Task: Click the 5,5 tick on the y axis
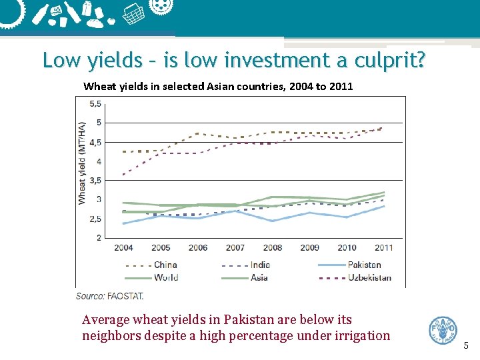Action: click(95, 104)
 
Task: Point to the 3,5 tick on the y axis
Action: click(95, 181)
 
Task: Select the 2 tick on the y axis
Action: click(98, 238)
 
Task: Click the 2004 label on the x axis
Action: click(123, 248)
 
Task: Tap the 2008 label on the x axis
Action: click(272, 248)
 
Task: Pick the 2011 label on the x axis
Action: click(383, 248)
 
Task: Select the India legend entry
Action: click(260, 265)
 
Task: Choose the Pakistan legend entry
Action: click(364, 265)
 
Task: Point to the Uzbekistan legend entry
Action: click(369, 277)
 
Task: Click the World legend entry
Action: click(165, 277)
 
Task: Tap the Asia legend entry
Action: click(259, 277)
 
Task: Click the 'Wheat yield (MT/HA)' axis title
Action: click(82, 163)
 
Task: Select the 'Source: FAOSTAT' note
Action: click(109, 295)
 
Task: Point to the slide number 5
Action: click(466, 345)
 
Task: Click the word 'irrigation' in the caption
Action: click(358, 335)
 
